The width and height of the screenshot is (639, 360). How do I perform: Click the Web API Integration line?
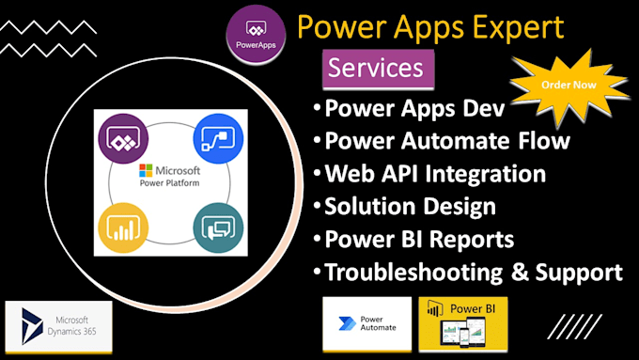coord(434,173)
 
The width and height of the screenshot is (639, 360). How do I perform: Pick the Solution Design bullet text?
coord(410,206)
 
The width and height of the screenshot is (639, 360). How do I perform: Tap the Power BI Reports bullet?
coord(419,239)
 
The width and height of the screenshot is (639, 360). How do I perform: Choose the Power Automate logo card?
coord(366,324)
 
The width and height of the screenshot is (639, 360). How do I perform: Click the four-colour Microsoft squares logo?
coord(144,171)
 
